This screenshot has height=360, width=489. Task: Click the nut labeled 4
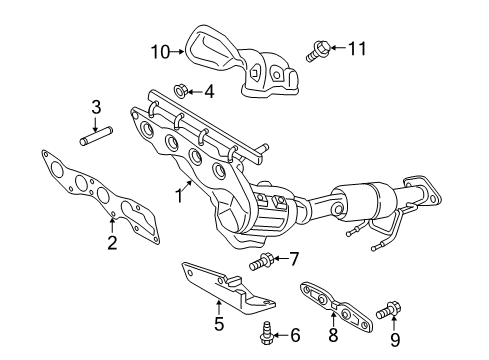[x=178, y=92]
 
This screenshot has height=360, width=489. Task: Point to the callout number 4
[x=209, y=93]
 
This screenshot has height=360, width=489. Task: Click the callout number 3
[x=97, y=107]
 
